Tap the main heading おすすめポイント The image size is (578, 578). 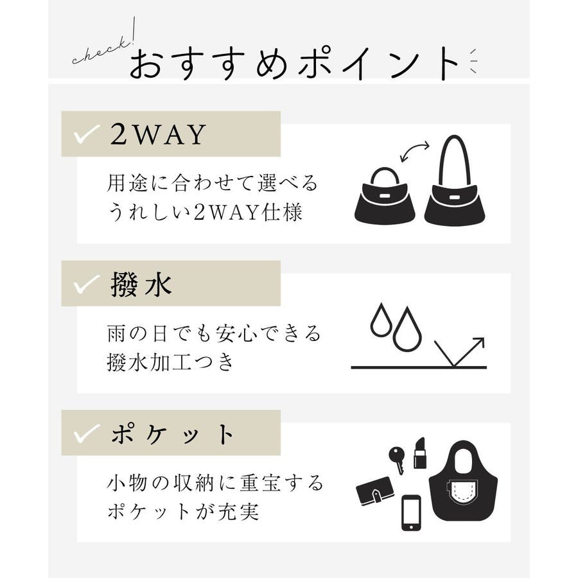pos(293,64)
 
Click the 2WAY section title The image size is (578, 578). pos(158,134)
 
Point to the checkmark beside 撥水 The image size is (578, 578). pos(87,285)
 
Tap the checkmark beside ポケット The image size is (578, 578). pos(87,433)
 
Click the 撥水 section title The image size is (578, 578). pos(141,285)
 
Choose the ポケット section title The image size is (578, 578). pos(171,434)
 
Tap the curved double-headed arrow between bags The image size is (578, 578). pos(415,150)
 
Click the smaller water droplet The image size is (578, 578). pos(380,320)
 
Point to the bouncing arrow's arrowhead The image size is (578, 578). pos(479,342)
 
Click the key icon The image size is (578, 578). pos(398,460)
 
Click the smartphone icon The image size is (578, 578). pos(411,513)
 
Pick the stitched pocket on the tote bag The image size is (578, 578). pos(462,494)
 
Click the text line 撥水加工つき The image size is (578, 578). pos(170,362)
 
